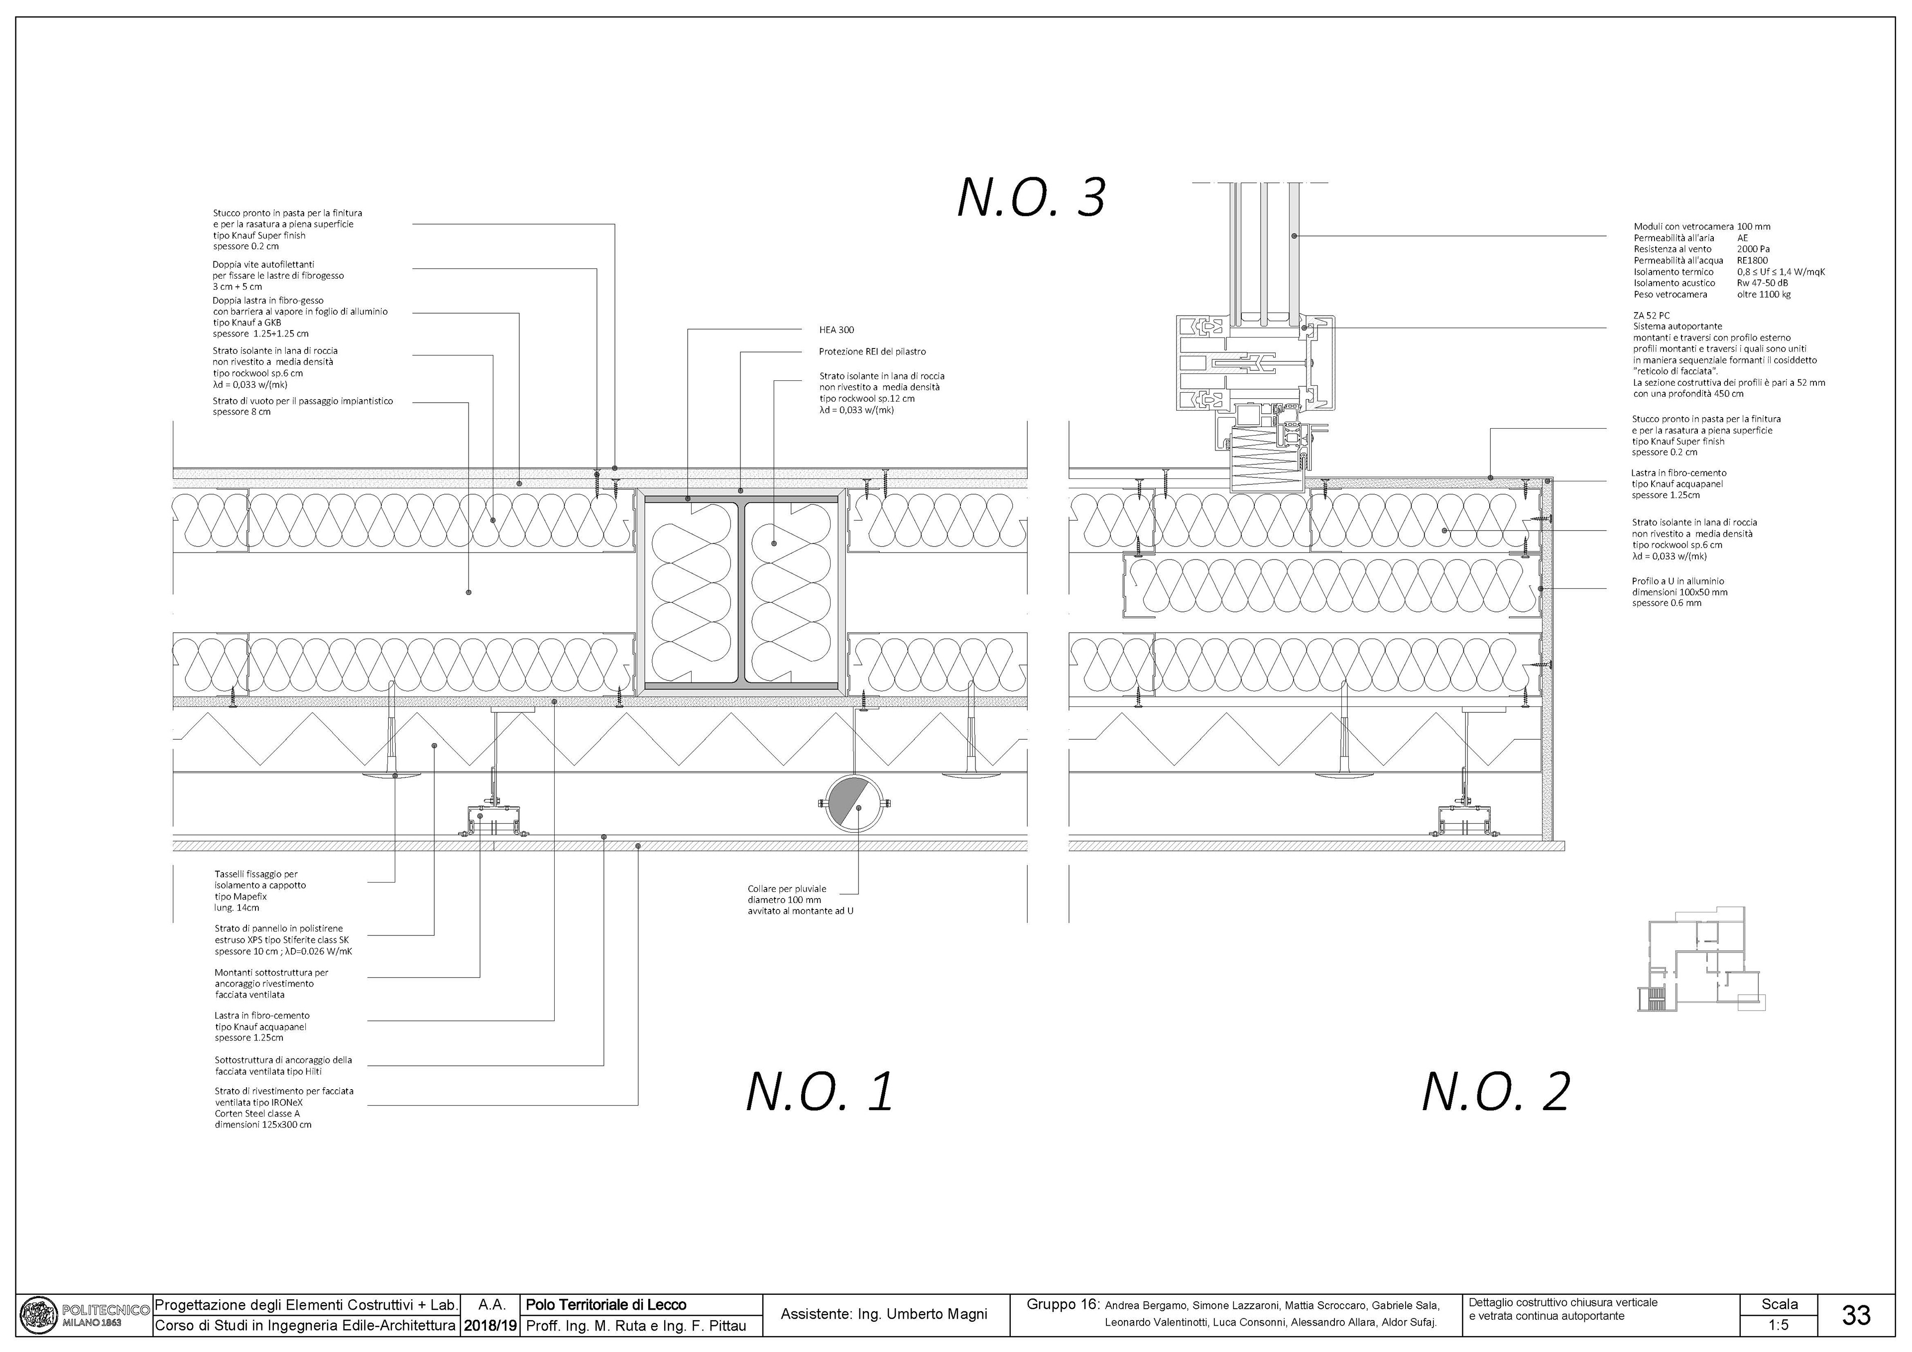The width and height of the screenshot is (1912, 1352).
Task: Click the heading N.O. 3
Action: pos(1031,198)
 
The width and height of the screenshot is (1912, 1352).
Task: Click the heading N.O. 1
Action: pos(820,1092)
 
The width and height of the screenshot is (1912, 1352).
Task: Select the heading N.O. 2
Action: pos(1496,1092)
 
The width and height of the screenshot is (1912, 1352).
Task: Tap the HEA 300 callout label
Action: pos(837,330)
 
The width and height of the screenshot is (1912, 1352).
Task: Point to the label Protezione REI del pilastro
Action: pos(872,352)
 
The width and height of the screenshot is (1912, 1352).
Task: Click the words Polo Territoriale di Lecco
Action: pos(606,1305)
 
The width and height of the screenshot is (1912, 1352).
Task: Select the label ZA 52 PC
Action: pos(1652,316)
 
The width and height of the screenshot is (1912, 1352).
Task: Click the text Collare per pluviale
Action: pos(787,889)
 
